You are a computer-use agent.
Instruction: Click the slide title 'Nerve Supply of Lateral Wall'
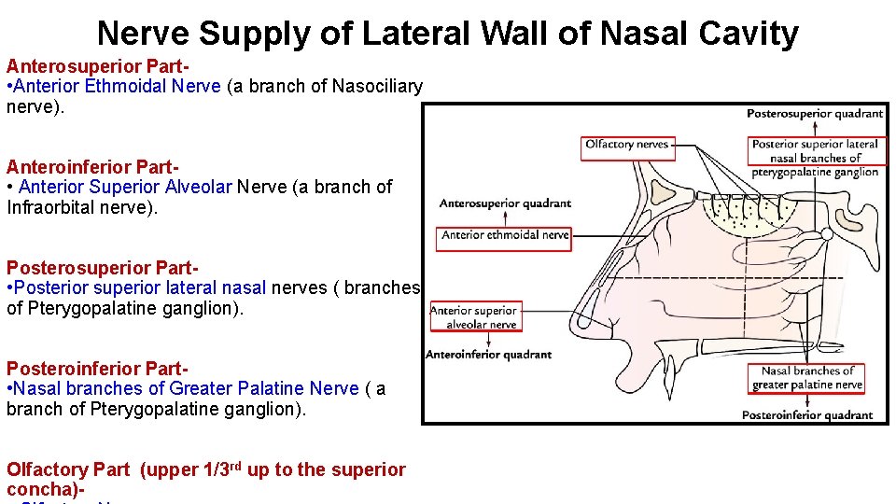447,34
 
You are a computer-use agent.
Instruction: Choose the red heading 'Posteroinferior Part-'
97,369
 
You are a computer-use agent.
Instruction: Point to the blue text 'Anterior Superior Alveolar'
125,187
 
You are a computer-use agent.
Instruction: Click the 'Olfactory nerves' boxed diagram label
626,145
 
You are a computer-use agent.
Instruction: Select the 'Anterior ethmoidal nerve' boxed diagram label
504,236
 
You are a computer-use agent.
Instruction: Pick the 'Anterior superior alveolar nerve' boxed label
476,317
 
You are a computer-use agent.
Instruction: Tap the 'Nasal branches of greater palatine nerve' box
807,378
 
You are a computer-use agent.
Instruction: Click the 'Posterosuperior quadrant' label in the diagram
814,114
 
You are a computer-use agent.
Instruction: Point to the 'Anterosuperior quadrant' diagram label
505,203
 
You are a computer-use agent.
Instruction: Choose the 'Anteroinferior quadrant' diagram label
488,355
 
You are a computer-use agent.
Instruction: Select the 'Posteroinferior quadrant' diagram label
807,415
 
